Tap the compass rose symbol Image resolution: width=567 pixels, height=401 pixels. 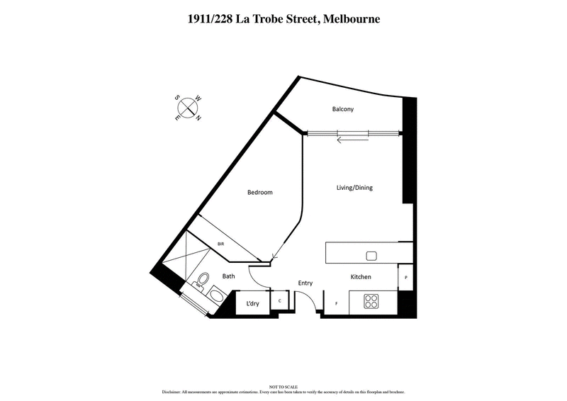coord(189,108)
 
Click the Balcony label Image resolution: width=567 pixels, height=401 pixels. coord(342,109)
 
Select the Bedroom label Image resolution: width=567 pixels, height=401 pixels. coord(259,193)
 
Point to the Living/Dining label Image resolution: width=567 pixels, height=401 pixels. coord(354,188)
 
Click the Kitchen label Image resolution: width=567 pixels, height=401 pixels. coord(361,277)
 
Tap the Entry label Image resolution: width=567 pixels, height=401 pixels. coord(305,283)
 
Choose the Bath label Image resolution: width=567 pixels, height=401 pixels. coord(228,276)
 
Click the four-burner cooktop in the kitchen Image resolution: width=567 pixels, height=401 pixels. coord(372,301)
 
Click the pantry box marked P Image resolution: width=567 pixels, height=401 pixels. coord(405,278)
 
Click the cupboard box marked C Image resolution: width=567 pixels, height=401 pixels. coord(280,301)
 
